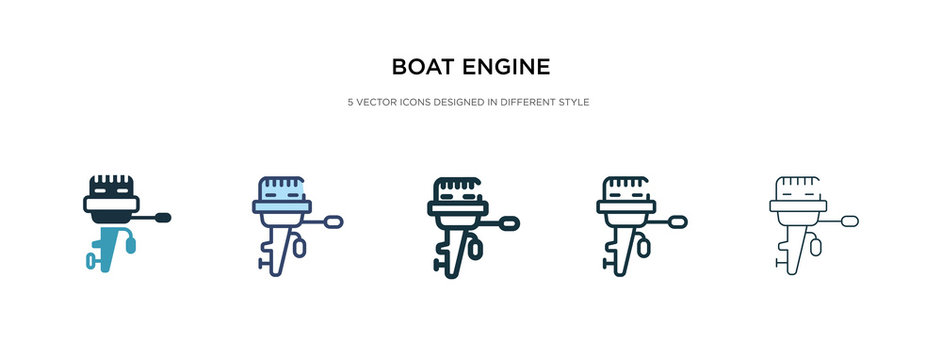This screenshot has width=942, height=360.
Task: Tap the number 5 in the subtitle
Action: tap(350, 101)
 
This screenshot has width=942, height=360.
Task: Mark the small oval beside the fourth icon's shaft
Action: tap(647, 243)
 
